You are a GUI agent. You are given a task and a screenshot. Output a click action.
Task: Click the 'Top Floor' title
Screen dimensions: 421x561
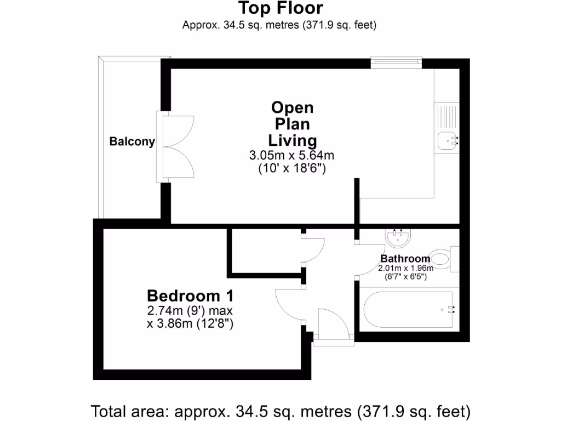tap(280, 8)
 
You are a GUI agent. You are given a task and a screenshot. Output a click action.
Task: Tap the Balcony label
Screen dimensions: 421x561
tap(132, 141)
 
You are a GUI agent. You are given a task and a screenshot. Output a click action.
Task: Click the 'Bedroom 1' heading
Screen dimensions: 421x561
tap(190, 296)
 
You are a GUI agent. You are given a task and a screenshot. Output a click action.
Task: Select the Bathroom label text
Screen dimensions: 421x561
tap(405, 259)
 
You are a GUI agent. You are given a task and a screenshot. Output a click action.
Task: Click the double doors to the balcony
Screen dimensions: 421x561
tap(176, 147)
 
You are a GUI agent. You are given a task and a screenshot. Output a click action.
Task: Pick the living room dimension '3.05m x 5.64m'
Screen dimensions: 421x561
tap(291, 156)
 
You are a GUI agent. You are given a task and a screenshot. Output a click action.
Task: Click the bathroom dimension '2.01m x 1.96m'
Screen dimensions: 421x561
tap(405, 268)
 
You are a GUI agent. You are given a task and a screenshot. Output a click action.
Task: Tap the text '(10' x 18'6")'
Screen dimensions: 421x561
tap(292, 169)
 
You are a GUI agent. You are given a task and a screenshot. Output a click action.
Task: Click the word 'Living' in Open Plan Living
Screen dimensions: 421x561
tap(292, 140)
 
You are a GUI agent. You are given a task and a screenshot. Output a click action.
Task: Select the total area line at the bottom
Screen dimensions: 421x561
tap(280, 410)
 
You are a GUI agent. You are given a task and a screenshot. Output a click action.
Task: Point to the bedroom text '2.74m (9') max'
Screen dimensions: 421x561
tap(190, 311)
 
